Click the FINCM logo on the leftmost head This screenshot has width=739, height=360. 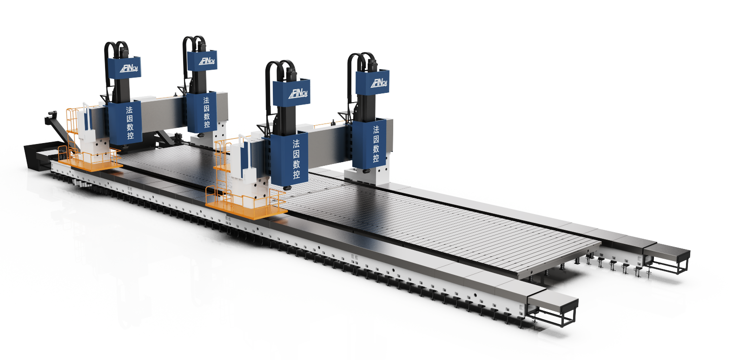point(129,68)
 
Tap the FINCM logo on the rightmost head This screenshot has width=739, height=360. point(379,83)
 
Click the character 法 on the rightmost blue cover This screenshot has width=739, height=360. point(376,130)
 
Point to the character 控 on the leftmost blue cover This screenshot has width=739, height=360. point(130,135)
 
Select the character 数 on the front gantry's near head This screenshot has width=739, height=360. point(296,164)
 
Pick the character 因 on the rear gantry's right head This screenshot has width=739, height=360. point(206,108)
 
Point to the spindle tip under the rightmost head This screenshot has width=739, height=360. point(365,171)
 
